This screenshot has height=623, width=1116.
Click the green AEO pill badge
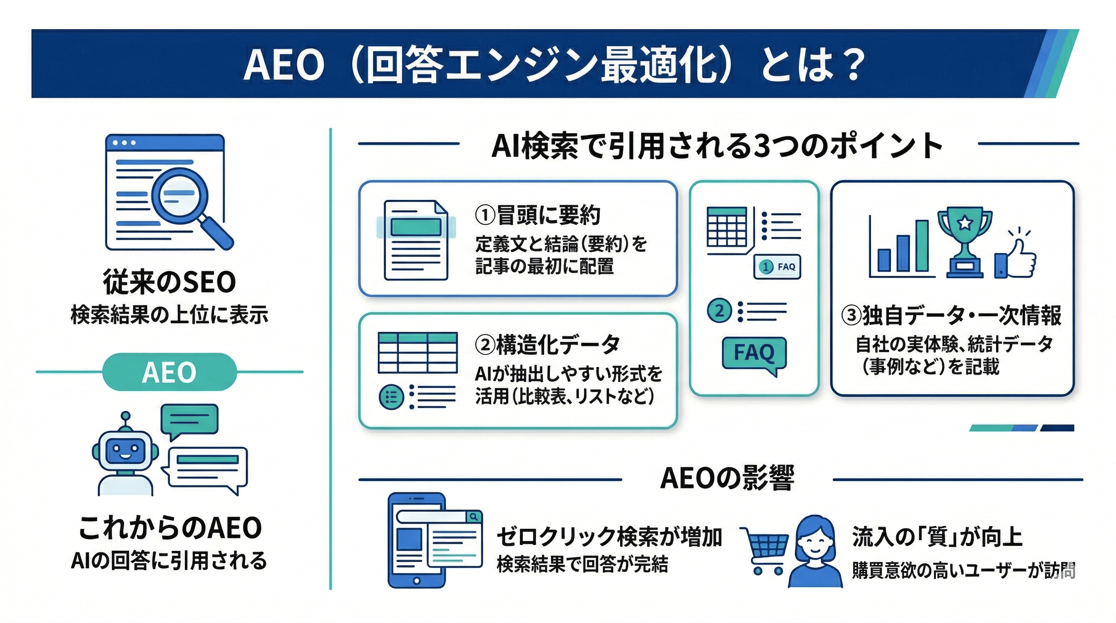click(x=170, y=372)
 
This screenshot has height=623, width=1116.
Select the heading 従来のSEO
click(x=170, y=282)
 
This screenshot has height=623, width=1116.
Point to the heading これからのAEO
click(x=170, y=528)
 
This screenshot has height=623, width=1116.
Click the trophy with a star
click(x=964, y=243)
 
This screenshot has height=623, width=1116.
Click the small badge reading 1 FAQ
click(x=777, y=267)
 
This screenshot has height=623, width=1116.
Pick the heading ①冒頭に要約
click(x=537, y=215)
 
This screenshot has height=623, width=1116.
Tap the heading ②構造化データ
click(x=547, y=344)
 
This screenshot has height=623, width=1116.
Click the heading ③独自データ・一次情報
click(x=951, y=316)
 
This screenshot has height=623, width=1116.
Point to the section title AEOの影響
click(x=727, y=478)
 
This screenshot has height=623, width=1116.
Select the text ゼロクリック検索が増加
click(x=609, y=537)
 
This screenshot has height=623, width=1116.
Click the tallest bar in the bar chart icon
click(x=922, y=246)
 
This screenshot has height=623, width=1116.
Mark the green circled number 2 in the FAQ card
click(x=719, y=311)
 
